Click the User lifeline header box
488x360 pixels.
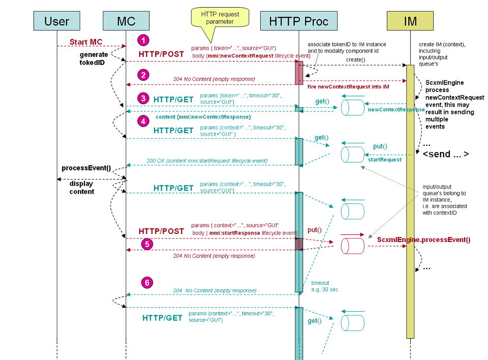[57, 21]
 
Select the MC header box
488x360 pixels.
[126, 21]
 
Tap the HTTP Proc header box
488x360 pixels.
[298, 21]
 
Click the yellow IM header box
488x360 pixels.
[410, 21]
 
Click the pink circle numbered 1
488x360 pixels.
[144, 40]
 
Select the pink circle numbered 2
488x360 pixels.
[144, 75]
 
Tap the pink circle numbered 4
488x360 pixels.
[144, 121]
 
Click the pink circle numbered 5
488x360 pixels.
[147, 244]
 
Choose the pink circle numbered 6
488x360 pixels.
[147, 283]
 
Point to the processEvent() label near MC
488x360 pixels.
[86, 168]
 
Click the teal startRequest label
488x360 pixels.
[385, 159]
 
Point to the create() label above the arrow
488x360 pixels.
[356, 59]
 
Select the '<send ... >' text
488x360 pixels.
[446, 154]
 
